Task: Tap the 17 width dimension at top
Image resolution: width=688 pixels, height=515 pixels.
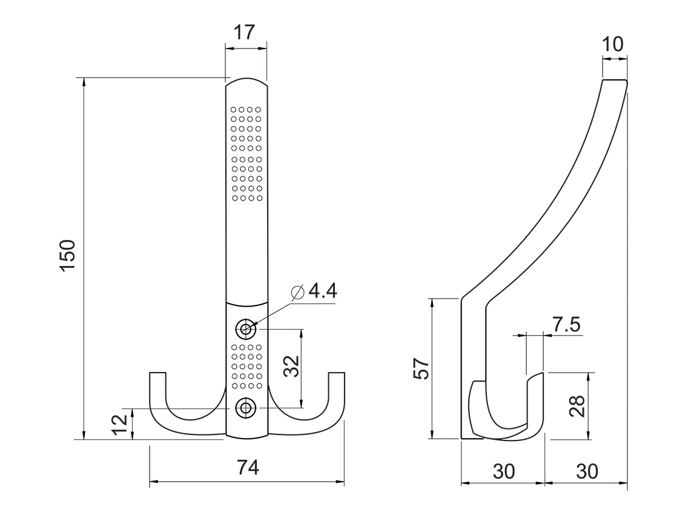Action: tap(246, 32)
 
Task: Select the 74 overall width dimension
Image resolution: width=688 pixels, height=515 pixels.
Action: tap(248, 468)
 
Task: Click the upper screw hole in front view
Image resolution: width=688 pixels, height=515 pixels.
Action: tap(246, 329)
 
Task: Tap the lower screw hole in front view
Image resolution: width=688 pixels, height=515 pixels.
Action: tap(246, 408)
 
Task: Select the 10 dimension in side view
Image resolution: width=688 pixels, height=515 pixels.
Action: tap(614, 44)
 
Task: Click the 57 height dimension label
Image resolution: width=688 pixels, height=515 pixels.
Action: tap(422, 368)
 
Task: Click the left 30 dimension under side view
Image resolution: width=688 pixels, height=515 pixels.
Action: tap(503, 470)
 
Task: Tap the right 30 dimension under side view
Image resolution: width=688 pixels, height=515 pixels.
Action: tap(586, 470)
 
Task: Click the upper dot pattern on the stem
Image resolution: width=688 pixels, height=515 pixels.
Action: tap(246, 154)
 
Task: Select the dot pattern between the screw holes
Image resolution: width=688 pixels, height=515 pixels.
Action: tap(246, 367)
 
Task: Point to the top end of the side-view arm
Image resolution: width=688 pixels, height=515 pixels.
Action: tap(614, 81)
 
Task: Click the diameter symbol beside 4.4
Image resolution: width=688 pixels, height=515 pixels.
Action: tap(298, 292)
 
